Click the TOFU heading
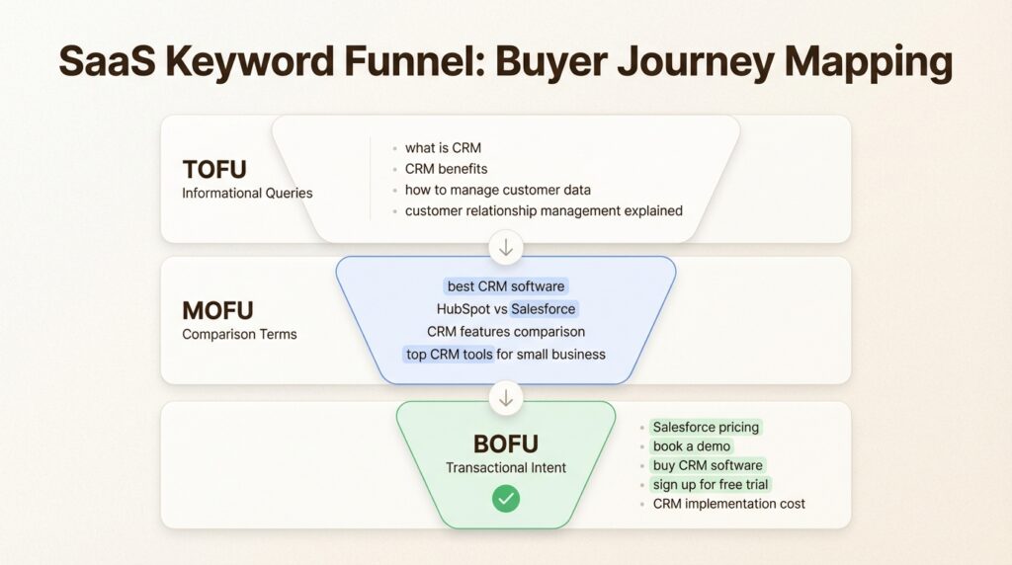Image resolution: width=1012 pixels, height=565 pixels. pos(215,169)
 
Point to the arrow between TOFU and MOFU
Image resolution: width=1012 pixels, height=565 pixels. pos(506,247)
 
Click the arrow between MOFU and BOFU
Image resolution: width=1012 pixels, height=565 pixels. pos(506,397)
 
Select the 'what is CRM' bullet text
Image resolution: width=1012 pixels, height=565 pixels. pos(443,148)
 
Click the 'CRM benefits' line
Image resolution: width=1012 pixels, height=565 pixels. pos(446,169)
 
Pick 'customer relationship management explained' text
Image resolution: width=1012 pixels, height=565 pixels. pos(544,210)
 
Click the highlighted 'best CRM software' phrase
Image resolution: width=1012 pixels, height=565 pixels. pos(506,286)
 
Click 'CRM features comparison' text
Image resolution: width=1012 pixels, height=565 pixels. pos(506,331)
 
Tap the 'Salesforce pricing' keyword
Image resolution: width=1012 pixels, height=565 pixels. pos(706,427)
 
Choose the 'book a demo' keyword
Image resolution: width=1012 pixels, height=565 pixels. pos(692,446)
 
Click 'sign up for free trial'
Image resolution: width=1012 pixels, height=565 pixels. pos(711,484)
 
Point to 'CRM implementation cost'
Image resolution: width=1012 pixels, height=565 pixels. pos(728,504)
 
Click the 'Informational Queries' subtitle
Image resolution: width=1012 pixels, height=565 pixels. pos(247,193)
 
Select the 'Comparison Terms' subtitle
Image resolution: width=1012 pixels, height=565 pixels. pos(239,334)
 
